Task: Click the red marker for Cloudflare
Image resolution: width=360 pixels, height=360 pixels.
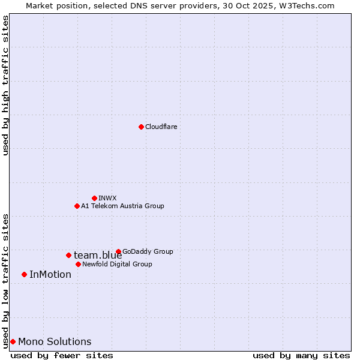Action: [x=141, y=127]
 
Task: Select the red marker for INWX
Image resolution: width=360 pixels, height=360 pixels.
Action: [x=94, y=198]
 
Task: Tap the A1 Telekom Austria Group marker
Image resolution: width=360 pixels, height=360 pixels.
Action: [x=77, y=206]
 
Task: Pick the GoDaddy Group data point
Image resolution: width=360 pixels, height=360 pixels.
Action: [x=118, y=251]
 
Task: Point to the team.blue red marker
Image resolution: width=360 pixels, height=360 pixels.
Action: [x=68, y=255]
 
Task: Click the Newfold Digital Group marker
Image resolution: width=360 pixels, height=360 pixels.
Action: [x=78, y=264]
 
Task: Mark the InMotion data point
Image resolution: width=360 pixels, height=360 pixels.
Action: [x=24, y=274]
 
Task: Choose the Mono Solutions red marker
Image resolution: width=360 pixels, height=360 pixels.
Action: [x=13, y=341]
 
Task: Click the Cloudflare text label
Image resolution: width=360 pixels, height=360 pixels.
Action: [x=161, y=127]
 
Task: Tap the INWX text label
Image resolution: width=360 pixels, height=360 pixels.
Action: [x=107, y=198]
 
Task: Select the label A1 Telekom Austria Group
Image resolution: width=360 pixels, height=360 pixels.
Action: [x=122, y=206]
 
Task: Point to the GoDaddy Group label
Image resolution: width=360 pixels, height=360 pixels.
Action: [x=148, y=251]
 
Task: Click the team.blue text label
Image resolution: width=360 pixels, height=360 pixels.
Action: [x=98, y=256]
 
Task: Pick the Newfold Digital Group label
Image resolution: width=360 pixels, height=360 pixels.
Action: [x=117, y=264]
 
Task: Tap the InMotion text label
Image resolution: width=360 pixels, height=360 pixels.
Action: [x=50, y=275]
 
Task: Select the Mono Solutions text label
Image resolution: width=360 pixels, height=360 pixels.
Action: [x=55, y=342]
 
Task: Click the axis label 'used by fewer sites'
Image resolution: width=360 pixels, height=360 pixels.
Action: [x=62, y=355]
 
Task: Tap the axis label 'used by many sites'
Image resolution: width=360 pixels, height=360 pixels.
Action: [x=301, y=355]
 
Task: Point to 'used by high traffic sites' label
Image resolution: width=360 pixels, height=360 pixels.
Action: [x=5, y=85]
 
